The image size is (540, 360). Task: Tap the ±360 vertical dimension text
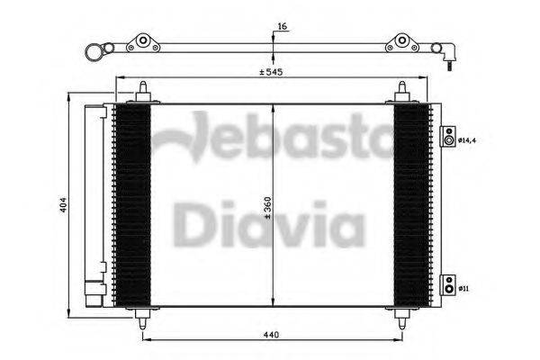(x=266, y=208)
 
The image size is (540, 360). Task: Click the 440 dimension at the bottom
(x=271, y=333)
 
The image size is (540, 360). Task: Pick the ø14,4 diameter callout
(x=465, y=140)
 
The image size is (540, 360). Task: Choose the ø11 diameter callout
(x=463, y=288)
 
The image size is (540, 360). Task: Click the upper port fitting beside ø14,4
(x=447, y=139)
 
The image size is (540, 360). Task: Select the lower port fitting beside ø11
(x=447, y=287)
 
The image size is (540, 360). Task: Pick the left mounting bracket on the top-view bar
(x=140, y=44)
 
